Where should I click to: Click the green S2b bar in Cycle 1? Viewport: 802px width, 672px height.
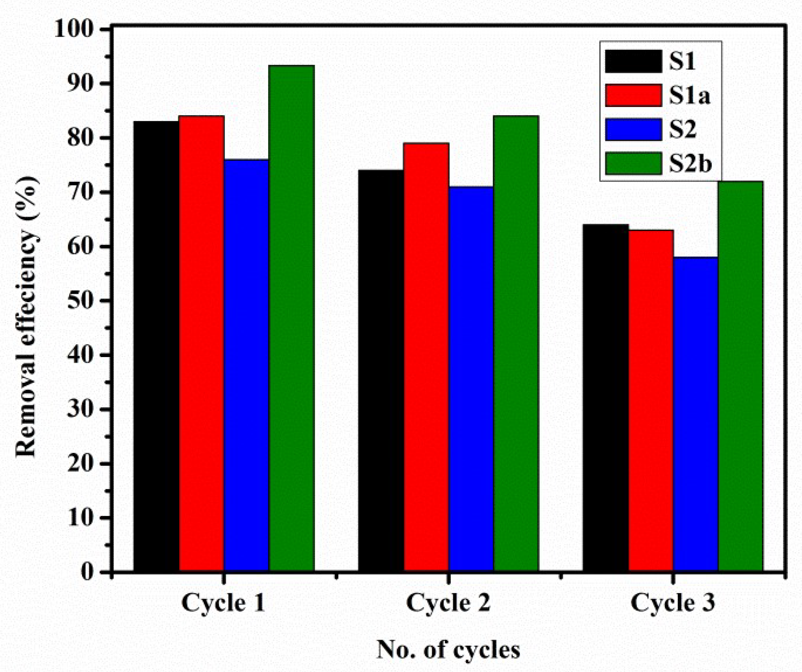[291, 318]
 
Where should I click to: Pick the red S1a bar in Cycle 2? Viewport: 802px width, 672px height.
[426, 357]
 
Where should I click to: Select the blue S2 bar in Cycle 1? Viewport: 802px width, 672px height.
[246, 365]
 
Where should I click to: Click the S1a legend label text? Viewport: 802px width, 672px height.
[689, 95]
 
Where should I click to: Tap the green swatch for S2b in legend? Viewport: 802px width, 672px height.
[633, 163]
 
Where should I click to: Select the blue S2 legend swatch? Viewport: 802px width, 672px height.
[633, 129]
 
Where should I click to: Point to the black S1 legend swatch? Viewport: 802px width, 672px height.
[633, 61]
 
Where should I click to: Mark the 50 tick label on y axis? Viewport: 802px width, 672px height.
[80, 301]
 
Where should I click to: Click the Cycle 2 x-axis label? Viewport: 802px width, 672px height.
[448, 603]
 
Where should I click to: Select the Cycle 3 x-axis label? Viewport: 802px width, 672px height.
[673, 603]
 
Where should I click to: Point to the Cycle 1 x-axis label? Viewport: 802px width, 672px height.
[223, 603]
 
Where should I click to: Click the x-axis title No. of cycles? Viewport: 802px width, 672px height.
[448, 650]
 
